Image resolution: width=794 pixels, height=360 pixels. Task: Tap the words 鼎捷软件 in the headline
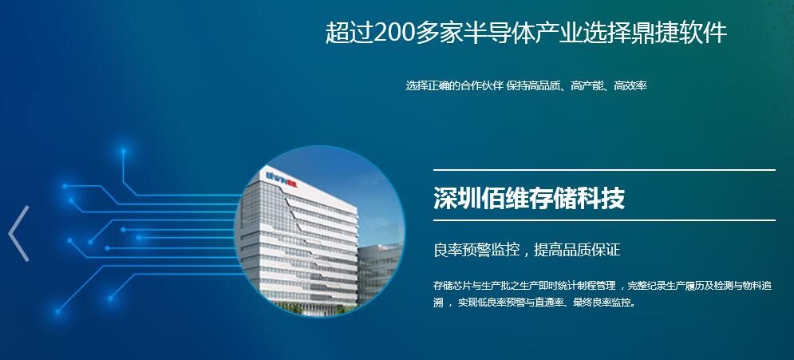coord(679,33)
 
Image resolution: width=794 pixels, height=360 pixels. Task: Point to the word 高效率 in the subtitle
coord(630,85)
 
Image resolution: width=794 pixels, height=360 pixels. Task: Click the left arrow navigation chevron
coord(18,233)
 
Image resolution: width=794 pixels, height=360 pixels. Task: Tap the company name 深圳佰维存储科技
coord(528,197)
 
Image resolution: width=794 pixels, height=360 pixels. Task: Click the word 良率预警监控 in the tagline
coord(476,250)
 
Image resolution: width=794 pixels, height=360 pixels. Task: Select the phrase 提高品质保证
coord(577,250)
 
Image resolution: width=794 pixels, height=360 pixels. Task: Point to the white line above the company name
coord(604,170)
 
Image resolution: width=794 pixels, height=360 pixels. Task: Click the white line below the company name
coord(604,220)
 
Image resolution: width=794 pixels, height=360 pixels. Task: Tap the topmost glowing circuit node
coord(123,151)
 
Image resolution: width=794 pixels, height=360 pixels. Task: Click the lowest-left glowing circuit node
coord(57,311)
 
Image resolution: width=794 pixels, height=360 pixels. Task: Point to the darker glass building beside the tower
coord(379,274)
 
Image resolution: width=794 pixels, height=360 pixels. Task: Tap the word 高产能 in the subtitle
coord(587,85)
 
